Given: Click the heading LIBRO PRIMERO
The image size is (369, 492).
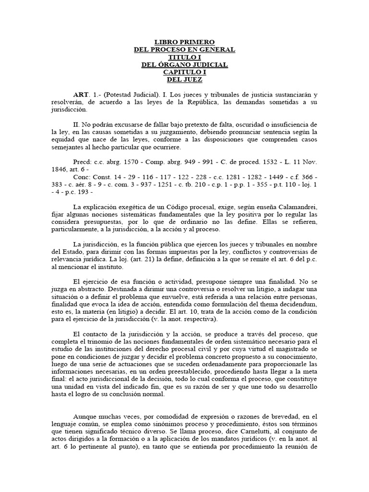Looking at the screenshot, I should (x=184, y=43).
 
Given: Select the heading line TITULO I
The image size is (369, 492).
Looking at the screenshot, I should (x=184, y=57).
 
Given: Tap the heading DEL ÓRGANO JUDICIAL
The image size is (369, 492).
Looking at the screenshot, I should (x=184, y=65).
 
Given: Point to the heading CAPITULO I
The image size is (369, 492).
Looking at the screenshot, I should (x=184, y=72).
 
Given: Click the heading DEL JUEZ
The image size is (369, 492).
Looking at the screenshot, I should (x=184, y=79).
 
